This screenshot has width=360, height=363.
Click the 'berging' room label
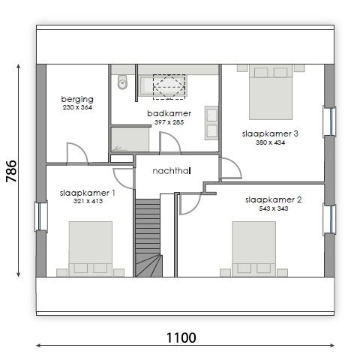point(77,99)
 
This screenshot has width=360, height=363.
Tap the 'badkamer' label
point(169,113)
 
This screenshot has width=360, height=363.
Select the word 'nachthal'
point(172,171)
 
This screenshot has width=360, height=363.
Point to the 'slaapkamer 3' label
point(270,133)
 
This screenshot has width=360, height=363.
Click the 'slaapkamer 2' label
point(274,199)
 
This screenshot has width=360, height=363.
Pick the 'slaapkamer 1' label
point(88,193)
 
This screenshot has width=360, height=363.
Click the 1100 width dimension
point(181,337)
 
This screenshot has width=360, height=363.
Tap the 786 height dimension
point(11,171)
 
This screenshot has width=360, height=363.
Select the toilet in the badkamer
point(122,82)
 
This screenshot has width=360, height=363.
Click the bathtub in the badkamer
point(163,85)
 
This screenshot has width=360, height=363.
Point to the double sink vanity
point(211,123)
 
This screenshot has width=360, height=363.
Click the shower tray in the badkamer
point(130,139)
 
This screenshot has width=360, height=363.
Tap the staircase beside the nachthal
point(148,238)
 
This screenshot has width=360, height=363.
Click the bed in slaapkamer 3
point(271,92)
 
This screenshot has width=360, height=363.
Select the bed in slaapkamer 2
point(254,249)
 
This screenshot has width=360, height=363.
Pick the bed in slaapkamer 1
point(91,249)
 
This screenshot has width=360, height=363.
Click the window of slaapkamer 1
point(41,217)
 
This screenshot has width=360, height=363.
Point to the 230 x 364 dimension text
point(77,107)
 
